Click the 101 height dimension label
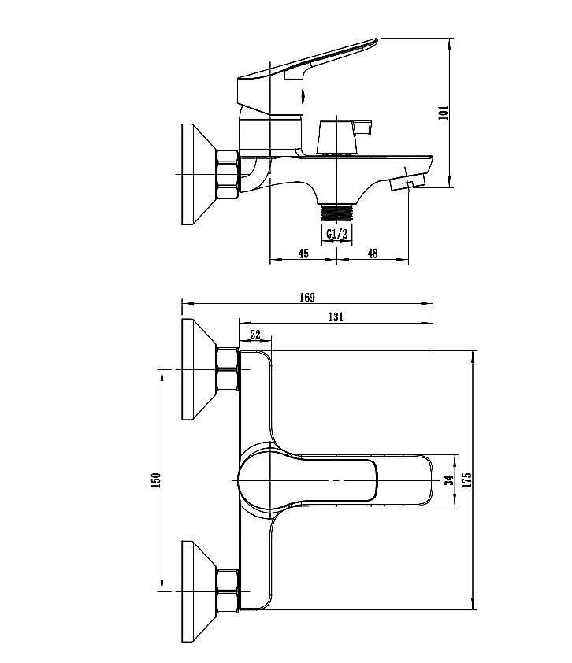[443, 113]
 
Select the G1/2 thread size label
[336, 233]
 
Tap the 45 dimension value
[303, 254]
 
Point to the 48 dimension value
[373, 254]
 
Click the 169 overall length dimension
[307, 298]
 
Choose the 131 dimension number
[336, 317]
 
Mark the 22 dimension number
[255, 335]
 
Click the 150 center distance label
[156, 480]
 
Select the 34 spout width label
[448, 480]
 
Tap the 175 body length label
[466, 480]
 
